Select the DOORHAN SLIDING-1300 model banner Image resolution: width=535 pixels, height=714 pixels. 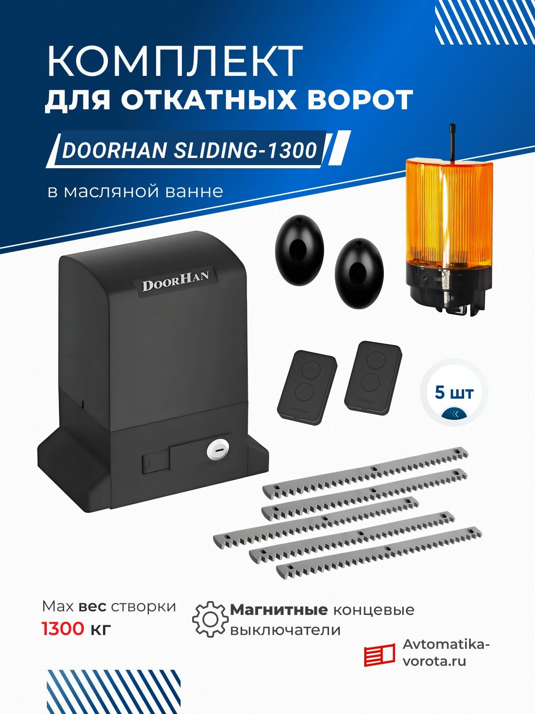point(190,150)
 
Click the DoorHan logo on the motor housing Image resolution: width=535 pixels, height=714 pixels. point(175,280)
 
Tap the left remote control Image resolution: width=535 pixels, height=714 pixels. point(307,387)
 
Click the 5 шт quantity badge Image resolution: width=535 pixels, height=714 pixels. point(454,393)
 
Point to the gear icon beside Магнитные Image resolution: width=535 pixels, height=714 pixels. point(210,619)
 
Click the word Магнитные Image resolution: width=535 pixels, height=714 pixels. point(279,610)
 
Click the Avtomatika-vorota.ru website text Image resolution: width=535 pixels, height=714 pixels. point(446,653)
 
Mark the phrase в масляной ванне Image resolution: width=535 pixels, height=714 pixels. point(135,191)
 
